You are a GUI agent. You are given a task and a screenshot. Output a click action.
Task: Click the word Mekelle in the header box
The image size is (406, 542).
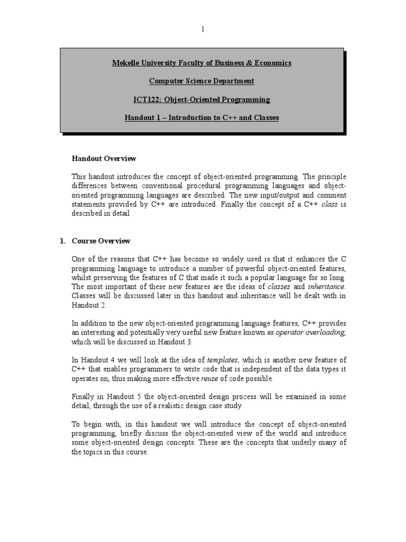pos(124,63)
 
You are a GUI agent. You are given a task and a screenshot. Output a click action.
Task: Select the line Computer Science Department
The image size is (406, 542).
pos(201,81)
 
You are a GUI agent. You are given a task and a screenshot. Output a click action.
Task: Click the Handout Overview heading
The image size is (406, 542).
pos(104,158)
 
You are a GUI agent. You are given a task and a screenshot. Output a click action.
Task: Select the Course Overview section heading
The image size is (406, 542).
pos(101,241)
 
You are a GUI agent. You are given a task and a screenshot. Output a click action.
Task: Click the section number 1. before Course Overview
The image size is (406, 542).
pos(62,241)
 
